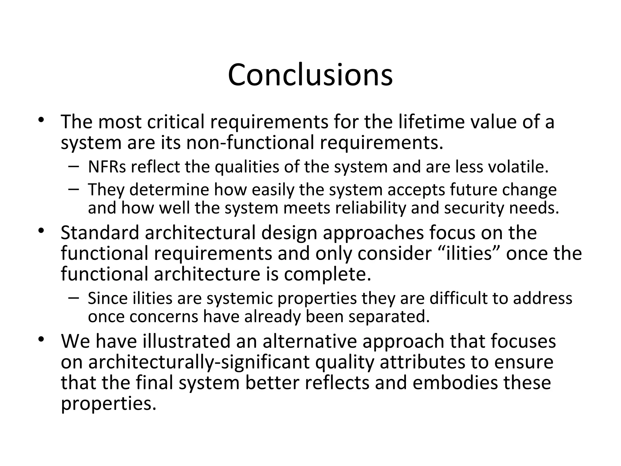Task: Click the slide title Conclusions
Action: (x=310, y=75)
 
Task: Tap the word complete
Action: (x=327, y=274)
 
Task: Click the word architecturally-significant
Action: (x=199, y=362)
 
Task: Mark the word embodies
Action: (x=455, y=383)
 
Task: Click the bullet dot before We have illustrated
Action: (x=41, y=339)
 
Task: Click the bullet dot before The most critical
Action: (x=41, y=119)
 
